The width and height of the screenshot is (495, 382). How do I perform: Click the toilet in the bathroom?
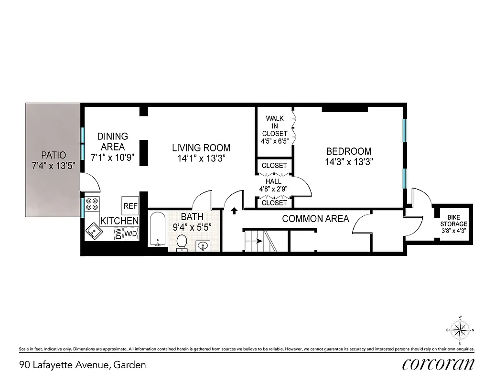[182, 242]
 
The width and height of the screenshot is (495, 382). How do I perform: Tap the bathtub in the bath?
[157, 230]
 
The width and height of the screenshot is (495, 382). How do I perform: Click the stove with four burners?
[92, 205]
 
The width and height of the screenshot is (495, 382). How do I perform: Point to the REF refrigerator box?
[130, 206]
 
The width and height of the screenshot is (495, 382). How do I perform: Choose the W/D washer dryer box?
[130, 234]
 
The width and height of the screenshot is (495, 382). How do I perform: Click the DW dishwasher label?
[118, 233]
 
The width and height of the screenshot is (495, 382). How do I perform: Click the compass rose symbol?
[460, 330]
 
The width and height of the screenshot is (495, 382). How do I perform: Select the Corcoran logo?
[438, 364]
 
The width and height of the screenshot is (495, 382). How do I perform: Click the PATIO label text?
[53, 155]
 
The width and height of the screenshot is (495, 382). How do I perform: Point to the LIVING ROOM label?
[201, 148]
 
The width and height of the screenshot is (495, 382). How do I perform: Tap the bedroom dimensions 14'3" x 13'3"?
[348, 162]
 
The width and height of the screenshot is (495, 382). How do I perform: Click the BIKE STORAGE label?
[453, 221]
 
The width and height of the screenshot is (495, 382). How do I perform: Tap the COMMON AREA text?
[315, 219]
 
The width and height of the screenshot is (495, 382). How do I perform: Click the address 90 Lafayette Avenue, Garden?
[83, 365]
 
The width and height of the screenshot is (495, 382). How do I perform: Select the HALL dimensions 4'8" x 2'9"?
[274, 188]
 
